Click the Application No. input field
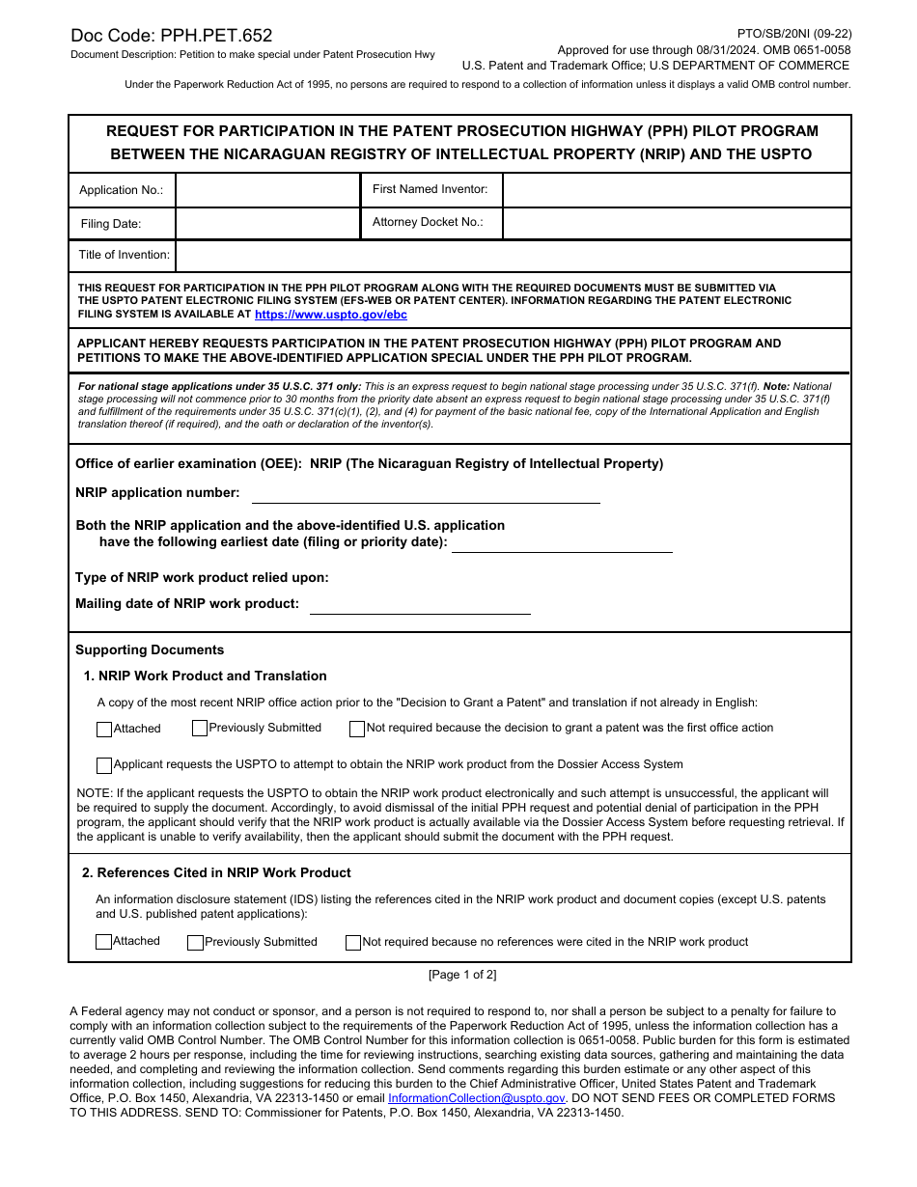[x=267, y=190]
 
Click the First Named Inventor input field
[x=676, y=190]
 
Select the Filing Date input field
[x=267, y=223]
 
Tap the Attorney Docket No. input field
[x=676, y=223]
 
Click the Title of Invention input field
[x=513, y=256]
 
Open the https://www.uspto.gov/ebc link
[x=331, y=315]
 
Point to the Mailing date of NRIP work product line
[x=420, y=605]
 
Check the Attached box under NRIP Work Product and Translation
[x=104, y=730]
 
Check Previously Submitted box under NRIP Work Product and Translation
[x=200, y=729]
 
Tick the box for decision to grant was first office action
[x=357, y=729]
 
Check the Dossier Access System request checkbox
[x=104, y=765]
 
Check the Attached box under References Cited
[x=104, y=942]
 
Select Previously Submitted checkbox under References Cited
[x=195, y=943]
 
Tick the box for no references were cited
[x=353, y=943]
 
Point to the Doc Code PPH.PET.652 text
[x=172, y=36]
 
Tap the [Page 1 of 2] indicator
[x=462, y=975]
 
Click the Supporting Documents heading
[x=150, y=650]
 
